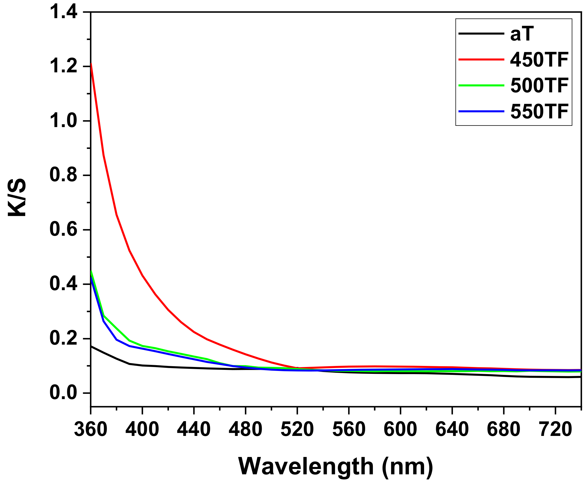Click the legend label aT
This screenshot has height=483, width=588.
(x=522, y=34)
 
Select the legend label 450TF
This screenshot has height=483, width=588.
(x=539, y=60)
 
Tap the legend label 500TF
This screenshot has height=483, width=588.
(x=539, y=85)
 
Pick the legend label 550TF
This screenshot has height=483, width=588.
(x=539, y=111)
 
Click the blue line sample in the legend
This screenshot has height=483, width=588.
(x=481, y=111)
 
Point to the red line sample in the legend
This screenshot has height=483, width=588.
(x=481, y=59)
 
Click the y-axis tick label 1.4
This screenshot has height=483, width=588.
(x=63, y=13)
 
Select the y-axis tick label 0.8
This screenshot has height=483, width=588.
(x=63, y=175)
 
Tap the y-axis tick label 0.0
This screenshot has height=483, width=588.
(x=63, y=393)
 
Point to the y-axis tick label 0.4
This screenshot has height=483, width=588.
(x=63, y=284)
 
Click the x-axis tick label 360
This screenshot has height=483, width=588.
(x=91, y=430)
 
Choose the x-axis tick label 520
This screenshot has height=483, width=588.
(x=297, y=430)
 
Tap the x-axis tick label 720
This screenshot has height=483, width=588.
(x=555, y=430)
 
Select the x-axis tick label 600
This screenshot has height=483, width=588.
(x=400, y=430)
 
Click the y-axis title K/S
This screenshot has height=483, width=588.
(x=17, y=198)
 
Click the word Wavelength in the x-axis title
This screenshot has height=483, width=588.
(x=306, y=467)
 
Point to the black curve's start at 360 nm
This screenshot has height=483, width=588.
(x=91, y=346)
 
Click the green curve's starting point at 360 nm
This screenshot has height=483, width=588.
(x=91, y=271)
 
